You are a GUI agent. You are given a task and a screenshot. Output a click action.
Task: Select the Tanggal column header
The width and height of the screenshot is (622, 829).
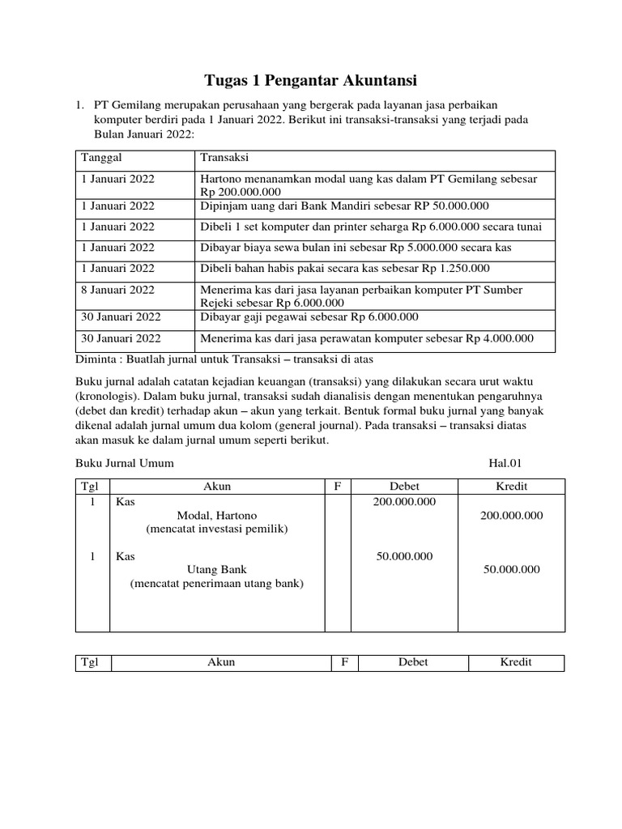click(100, 157)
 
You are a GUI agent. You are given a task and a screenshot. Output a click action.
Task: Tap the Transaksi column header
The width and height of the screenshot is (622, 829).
click(224, 157)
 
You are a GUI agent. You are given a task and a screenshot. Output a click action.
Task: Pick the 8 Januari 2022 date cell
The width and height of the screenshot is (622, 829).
click(117, 290)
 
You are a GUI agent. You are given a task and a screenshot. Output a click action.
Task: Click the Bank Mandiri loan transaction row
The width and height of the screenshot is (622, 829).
click(344, 206)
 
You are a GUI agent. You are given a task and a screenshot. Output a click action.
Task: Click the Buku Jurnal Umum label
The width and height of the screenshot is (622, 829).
click(125, 463)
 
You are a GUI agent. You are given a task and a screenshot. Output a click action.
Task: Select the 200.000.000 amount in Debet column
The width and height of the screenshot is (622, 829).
click(404, 502)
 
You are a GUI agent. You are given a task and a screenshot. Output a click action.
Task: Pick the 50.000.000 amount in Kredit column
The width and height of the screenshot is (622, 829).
click(511, 570)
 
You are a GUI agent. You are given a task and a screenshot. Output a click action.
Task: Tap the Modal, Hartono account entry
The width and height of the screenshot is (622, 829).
click(217, 516)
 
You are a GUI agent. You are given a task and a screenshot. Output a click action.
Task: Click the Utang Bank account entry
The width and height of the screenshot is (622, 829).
click(217, 570)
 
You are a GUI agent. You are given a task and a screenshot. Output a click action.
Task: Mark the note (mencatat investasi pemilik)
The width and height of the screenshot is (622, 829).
click(217, 529)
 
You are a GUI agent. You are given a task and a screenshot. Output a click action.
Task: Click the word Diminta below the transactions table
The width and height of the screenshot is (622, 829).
click(98, 359)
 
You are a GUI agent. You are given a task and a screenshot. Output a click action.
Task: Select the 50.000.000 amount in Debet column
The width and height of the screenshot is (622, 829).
click(404, 556)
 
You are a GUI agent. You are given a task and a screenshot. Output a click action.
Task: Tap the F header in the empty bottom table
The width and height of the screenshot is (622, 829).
click(344, 662)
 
